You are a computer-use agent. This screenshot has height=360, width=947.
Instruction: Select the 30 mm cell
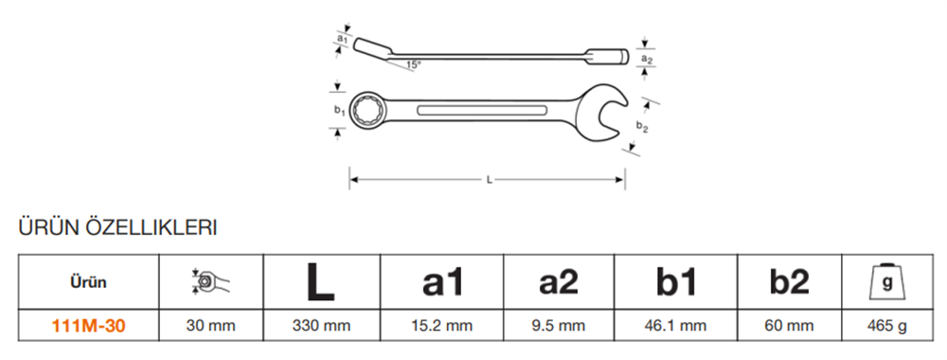pos(210,326)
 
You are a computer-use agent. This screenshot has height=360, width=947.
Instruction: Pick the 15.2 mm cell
pos(442,326)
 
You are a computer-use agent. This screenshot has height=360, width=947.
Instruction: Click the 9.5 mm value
pos(559,326)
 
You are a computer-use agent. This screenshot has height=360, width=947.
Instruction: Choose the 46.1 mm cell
pos(676,326)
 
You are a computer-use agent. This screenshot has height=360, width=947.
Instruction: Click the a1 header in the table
pos(442,281)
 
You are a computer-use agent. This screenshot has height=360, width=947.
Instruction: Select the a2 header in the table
pos(559,281)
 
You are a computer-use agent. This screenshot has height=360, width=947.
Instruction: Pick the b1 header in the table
pos(676,281)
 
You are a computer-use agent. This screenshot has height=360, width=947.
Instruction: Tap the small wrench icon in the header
pos(210,281)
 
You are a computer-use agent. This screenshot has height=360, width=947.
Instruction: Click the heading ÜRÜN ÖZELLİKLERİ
pos(118,228)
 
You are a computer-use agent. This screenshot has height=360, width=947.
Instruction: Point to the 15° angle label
pos(413,65)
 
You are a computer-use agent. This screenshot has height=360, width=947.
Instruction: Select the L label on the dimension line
pos(487,177)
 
